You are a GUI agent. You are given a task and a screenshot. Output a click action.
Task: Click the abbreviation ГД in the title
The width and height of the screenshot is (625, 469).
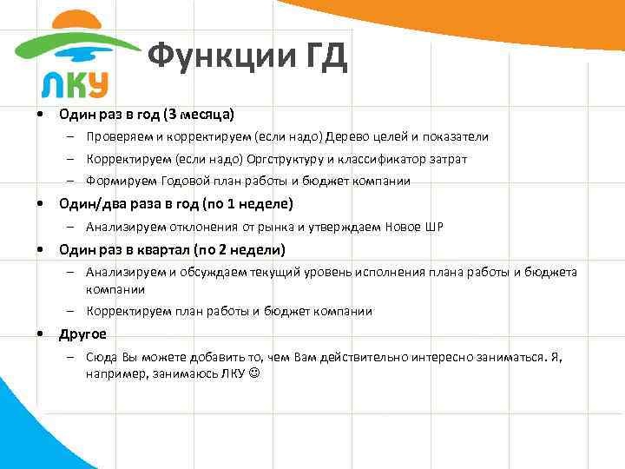tap(326, 57)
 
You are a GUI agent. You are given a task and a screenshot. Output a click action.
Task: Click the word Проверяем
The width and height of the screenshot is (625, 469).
tap(116, 137)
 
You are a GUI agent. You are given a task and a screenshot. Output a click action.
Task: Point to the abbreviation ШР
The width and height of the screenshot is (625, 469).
tap(434, 228)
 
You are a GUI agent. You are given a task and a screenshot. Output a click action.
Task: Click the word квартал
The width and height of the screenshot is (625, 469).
tap(157, 250)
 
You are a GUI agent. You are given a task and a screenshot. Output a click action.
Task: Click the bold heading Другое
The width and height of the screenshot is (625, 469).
tap(82, 334)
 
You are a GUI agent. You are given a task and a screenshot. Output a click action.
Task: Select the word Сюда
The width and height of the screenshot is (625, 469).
tap(102, 357)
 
